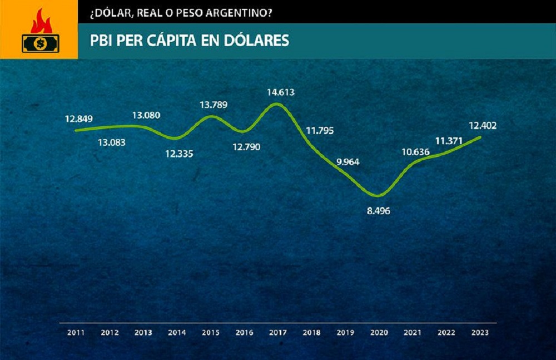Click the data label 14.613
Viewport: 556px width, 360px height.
(281, 92)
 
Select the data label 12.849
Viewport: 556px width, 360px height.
(78, 119)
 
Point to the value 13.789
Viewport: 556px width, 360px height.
(213, 105)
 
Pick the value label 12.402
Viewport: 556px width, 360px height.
(481, 126)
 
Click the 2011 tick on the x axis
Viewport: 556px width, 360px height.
(76, 332)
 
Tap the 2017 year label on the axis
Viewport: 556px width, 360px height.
(277, 332)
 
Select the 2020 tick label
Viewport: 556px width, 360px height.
(379, 332)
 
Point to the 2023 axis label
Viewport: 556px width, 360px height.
(480, 332)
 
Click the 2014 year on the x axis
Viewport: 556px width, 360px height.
(177, 332)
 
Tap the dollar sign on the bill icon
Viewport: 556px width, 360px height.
(39, 42)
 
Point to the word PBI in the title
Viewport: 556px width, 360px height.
(102, 41)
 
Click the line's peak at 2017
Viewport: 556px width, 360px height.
(278, 104)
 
